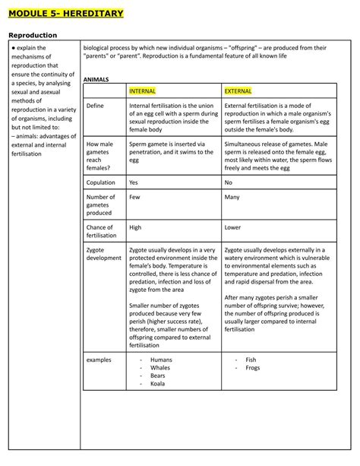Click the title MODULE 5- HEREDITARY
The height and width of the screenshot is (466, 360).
click(x=65, y=14)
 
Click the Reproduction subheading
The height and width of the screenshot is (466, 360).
click(x=33, y=35)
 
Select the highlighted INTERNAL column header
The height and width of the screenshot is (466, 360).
click(x=142, y=90)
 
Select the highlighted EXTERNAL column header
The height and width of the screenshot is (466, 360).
click(x=238, y=90)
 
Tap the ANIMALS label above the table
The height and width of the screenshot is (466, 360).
click(x=96, y=79)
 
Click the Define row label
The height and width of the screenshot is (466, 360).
click(x=96, y=106)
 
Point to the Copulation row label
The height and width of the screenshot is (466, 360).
click(x=101, y=182)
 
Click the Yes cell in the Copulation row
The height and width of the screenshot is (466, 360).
click(x=134, y=182)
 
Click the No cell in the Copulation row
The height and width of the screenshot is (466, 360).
click(x=229, y=182)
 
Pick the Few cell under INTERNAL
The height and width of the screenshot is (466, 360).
click(x=134, y=197)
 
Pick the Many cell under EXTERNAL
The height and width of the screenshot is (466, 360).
click(x=232, y=197)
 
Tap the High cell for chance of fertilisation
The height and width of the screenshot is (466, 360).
click(x=135, y=227)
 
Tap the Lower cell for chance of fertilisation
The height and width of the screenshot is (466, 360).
click(x=233, y=227)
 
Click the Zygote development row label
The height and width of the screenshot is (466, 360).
click(x=103, y=253)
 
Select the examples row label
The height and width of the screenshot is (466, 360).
click(x=99, y=359)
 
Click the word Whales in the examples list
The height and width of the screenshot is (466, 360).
click(x=160, y=367)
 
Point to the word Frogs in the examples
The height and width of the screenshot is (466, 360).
click(x=254, y=367)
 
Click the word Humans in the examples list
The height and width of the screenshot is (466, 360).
click(x=161, y=359)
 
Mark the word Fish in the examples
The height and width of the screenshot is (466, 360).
click(x=251, y=359)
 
